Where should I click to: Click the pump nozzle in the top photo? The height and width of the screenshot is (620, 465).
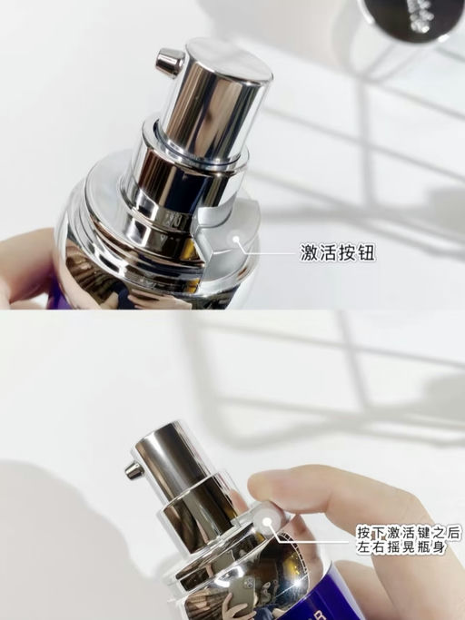point(167,61)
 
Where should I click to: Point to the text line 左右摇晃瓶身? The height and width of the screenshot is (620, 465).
point(399,548)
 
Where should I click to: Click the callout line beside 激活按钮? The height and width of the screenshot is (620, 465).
point(269,248)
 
